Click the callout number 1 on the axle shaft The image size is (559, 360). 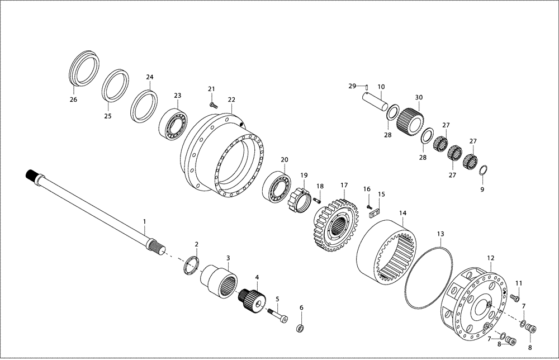144,222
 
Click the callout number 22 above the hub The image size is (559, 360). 231,100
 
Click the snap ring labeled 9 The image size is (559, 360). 484,170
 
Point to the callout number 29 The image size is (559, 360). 352,86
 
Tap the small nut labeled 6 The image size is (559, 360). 300,328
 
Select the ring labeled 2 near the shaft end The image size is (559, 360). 191,264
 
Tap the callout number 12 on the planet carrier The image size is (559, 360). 491,258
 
